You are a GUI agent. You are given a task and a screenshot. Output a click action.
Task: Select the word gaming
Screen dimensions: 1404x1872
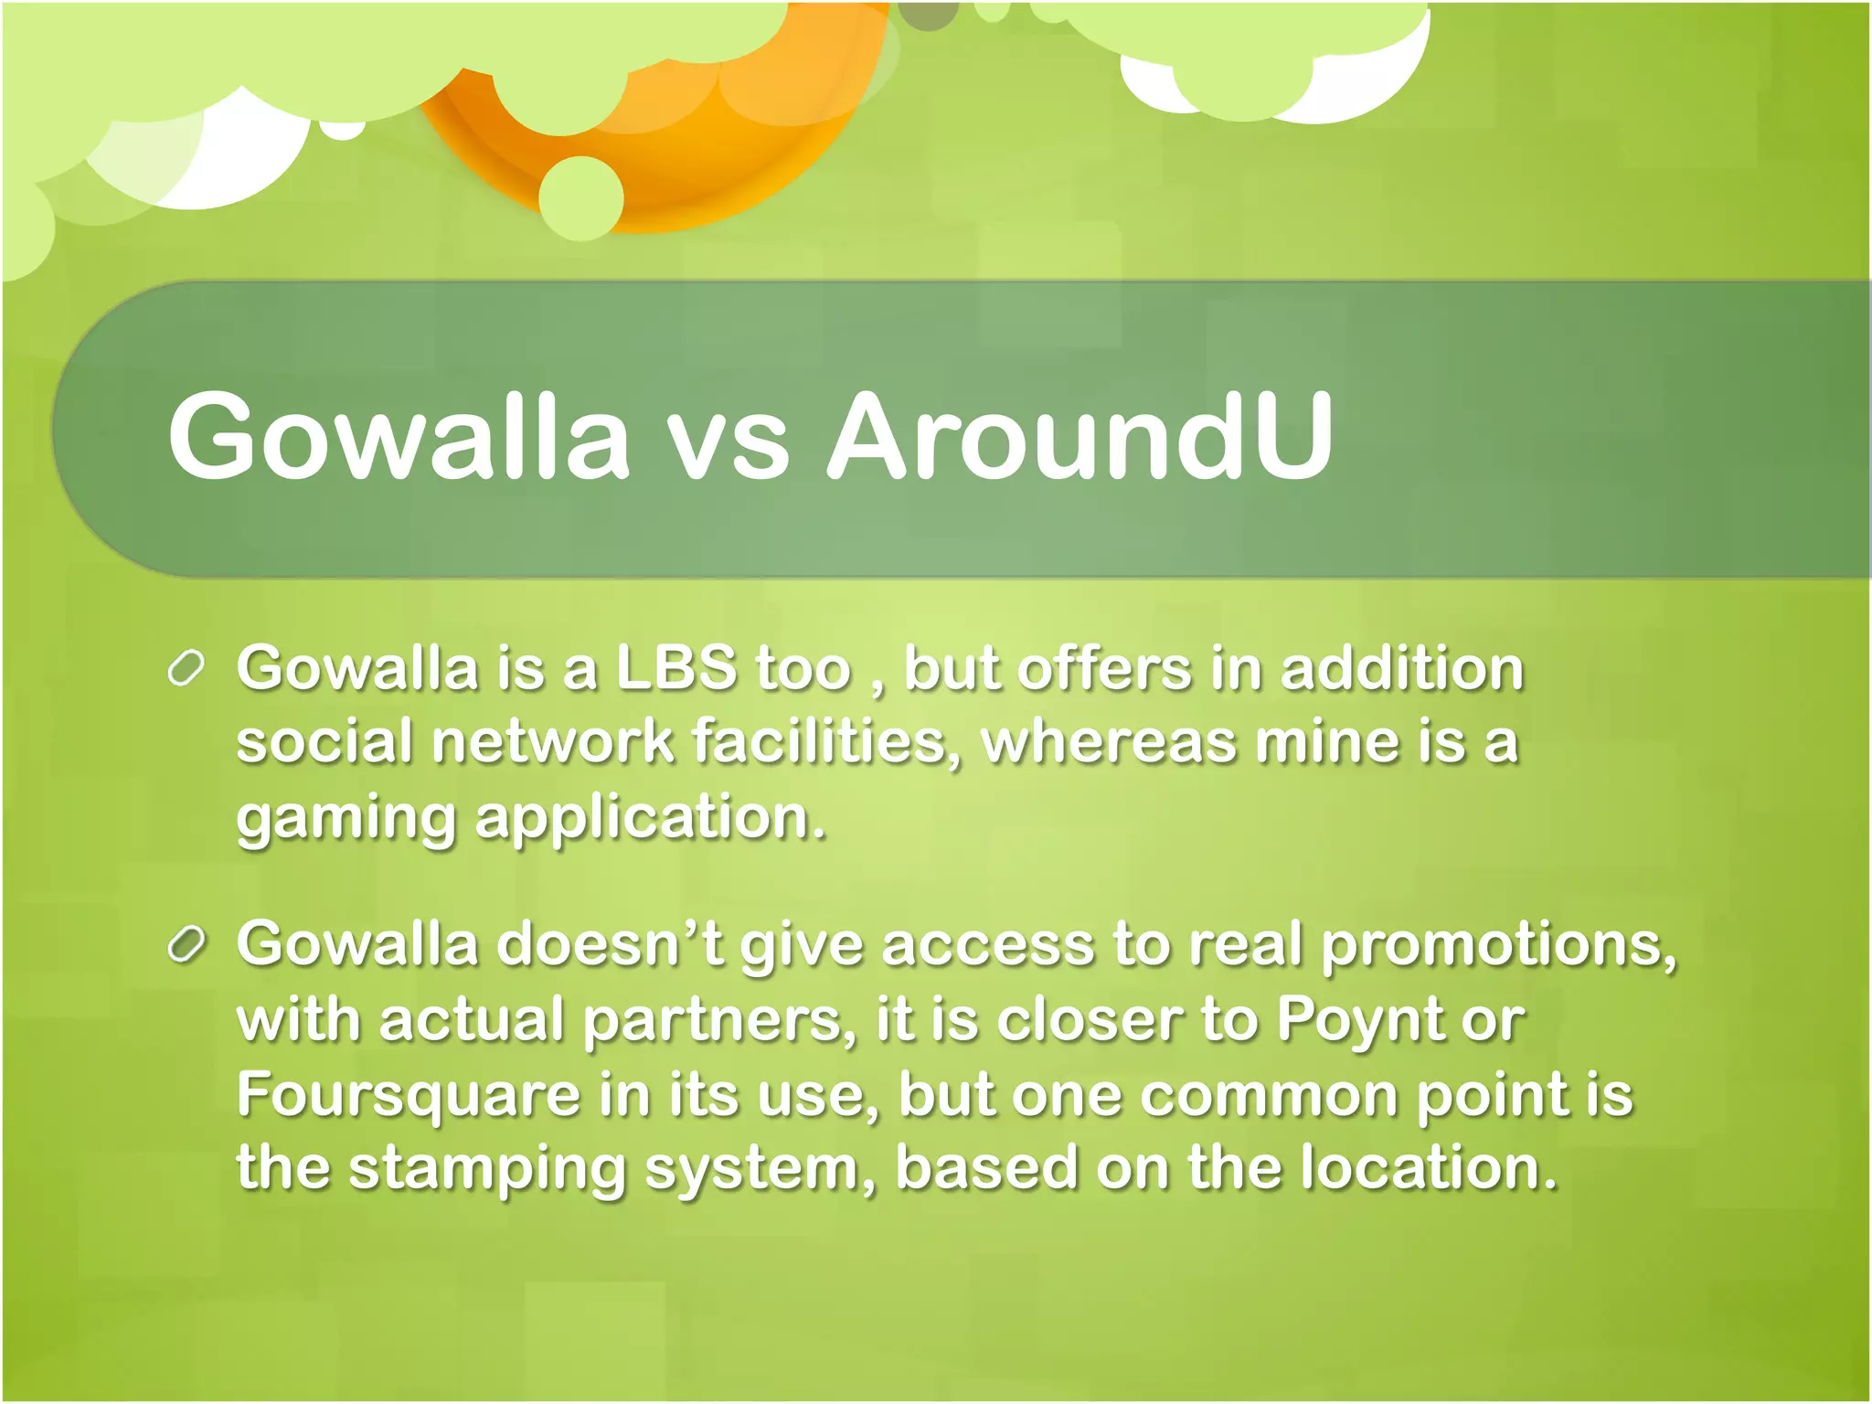click(346, 818)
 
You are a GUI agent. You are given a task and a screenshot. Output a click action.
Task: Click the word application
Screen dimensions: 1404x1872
click(651, 818)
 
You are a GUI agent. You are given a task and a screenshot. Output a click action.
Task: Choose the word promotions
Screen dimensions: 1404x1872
click(1499, 945)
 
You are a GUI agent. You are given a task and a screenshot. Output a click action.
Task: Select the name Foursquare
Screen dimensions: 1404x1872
click(409, 1095)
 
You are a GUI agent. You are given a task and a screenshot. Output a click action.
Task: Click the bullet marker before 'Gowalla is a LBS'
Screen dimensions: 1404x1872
click(186, 669)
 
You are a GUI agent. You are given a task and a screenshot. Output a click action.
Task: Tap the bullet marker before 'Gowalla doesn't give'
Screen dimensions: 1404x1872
click(186, 945)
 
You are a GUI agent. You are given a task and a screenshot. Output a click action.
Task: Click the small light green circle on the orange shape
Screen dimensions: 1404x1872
click(580, 197)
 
